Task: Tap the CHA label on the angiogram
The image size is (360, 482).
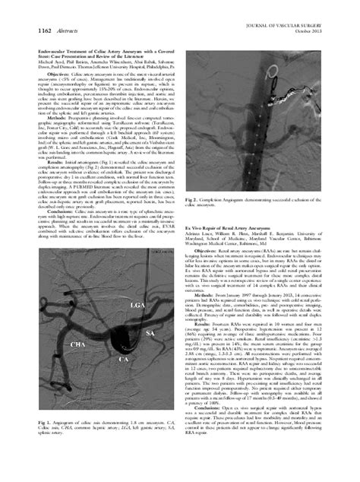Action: coord(77,367)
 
